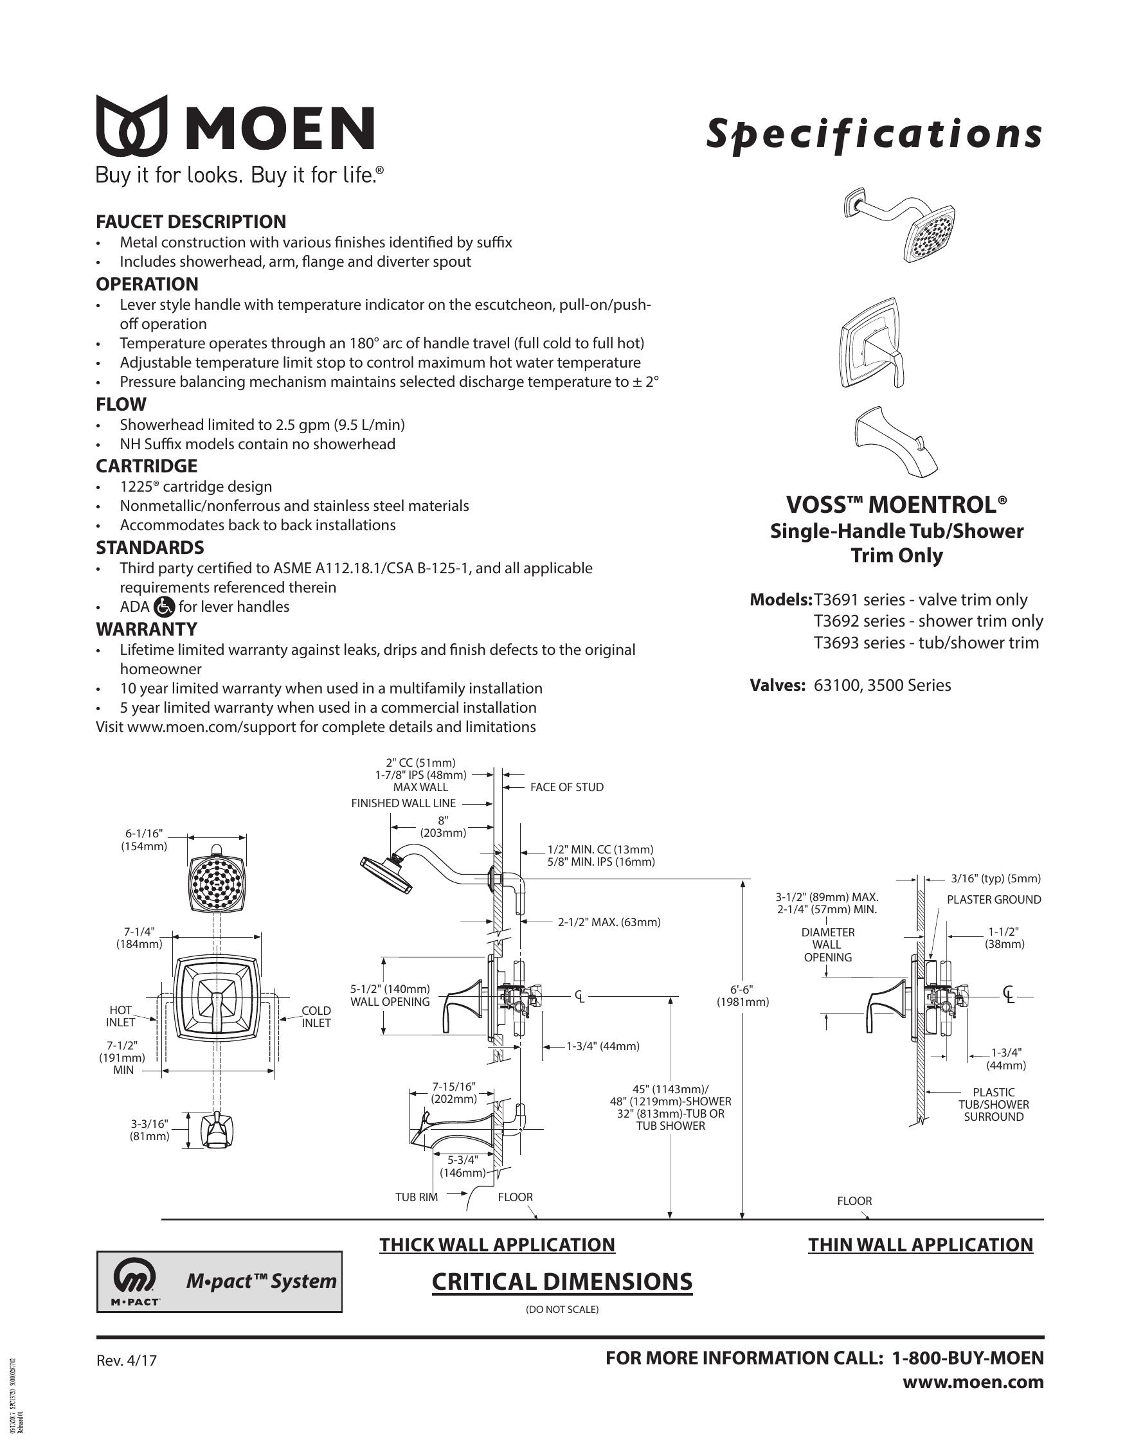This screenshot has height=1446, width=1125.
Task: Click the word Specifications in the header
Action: [874, 134]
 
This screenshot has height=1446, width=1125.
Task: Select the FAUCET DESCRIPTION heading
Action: [191, 222]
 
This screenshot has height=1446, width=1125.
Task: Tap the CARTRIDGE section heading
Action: [147, 466]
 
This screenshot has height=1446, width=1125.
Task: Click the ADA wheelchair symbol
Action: [163, 607]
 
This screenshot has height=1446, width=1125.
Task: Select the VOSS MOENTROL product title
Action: [896, 505]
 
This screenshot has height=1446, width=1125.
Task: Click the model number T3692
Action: [836, 621]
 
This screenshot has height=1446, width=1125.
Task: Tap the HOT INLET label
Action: [120, 1016]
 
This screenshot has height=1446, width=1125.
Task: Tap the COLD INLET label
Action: [316, 1016]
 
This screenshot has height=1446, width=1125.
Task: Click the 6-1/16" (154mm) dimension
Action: [144, 839]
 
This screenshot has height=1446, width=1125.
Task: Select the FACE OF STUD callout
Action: [566, 787]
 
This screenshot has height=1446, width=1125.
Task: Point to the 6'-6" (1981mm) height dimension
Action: [742, 995]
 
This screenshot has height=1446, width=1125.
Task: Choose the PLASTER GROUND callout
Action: [993, 900]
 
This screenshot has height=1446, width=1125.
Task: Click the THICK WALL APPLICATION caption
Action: [497, 1245]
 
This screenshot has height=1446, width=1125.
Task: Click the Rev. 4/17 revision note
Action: [127, 1361]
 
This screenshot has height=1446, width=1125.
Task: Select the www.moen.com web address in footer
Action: [973, 1382]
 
